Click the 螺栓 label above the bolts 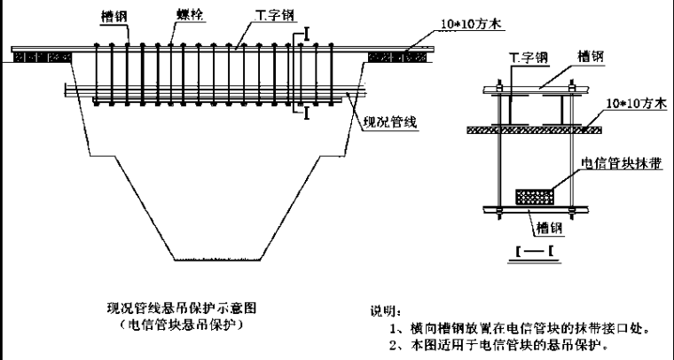tap(189, 16)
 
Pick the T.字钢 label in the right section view tap(527, 57)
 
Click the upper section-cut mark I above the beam tap(306, 34)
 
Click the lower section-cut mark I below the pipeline tap(306, 113)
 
